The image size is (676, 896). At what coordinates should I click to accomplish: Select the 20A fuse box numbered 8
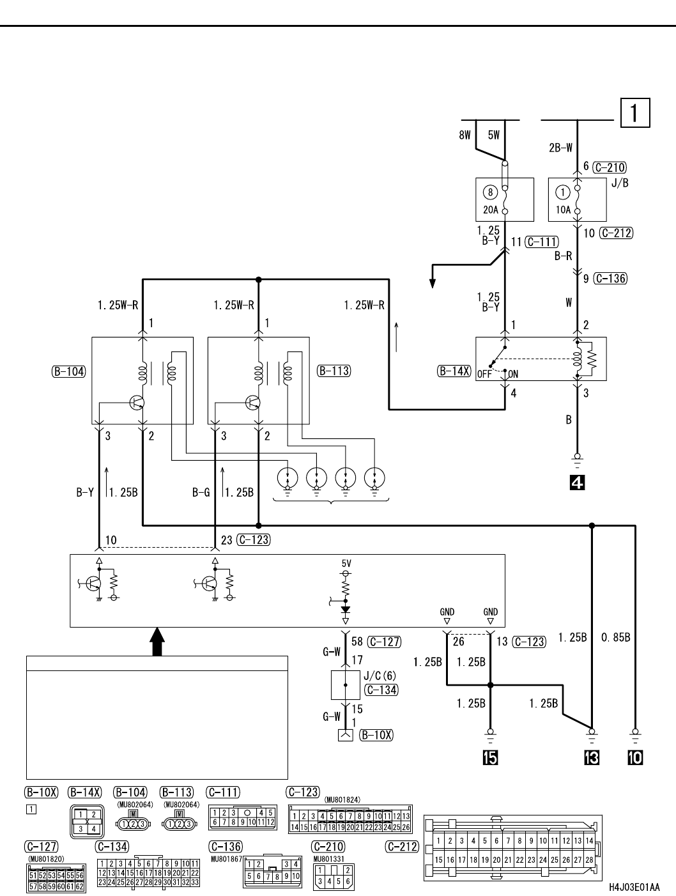pyautogui.click(x=505, y=199)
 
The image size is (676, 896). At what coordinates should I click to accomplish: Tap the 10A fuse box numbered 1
pyautogui.click(x=577, y=199)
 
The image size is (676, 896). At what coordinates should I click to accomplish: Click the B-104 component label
pyautogui.click(x=68, y=371)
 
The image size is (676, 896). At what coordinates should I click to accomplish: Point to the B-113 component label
pyautogui.click(x=334, y=371)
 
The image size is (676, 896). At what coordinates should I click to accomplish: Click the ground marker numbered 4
pyautogui.click(x=577, y=483)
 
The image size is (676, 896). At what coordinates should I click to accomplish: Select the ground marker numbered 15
pyautogui.click(x=490, y=758)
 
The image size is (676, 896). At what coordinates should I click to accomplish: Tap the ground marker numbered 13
pyautogui.click(x=592, y=758)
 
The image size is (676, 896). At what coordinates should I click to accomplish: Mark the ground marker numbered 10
pyautogui.click(x=636, y=758)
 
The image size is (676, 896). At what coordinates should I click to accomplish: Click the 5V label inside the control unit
pyautogui.click(x=346, y=564)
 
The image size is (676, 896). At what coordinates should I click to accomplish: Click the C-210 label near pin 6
pyautogui.click(x=610, y=167)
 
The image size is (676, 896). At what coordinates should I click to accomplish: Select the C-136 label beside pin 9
pyautogui.click(x=610, y=279)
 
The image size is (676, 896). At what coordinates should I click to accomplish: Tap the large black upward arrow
pyautogui.click(x=157, y=641)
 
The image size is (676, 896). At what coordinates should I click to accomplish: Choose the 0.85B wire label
pyautogui.click(x=616, y=637)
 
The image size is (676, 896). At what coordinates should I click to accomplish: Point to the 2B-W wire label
pyautogui.click(x=561, y=148)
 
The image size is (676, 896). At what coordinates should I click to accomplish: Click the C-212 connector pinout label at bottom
pyautogui.click(x=403, y=847)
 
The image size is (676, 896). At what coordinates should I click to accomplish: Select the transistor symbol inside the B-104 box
pyautogui.click(x=137, y=403)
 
